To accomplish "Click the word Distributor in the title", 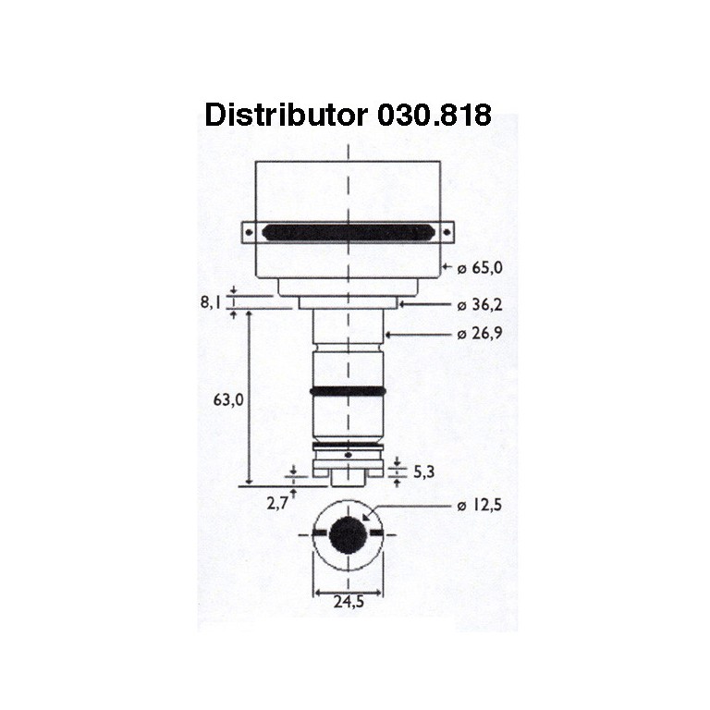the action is [287, 115].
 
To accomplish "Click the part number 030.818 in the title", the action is [435, 115].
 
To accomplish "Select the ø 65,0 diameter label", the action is [480, 268].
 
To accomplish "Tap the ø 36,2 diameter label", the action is [480, 305].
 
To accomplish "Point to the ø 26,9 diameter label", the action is [480, 334].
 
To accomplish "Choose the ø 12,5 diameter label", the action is [480, 505].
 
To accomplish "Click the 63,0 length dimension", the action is [228, 399].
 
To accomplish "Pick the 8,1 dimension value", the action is [211, 302].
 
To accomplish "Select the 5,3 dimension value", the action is [424, 471].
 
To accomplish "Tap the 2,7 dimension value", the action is [277, 503].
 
